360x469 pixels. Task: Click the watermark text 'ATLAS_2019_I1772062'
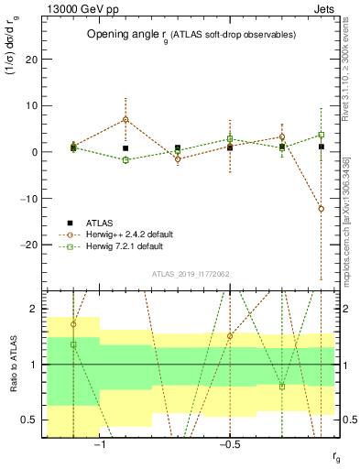pos(190,273)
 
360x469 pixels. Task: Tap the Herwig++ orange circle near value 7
pos(125,119)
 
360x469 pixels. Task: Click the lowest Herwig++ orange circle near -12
pos(321,209)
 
